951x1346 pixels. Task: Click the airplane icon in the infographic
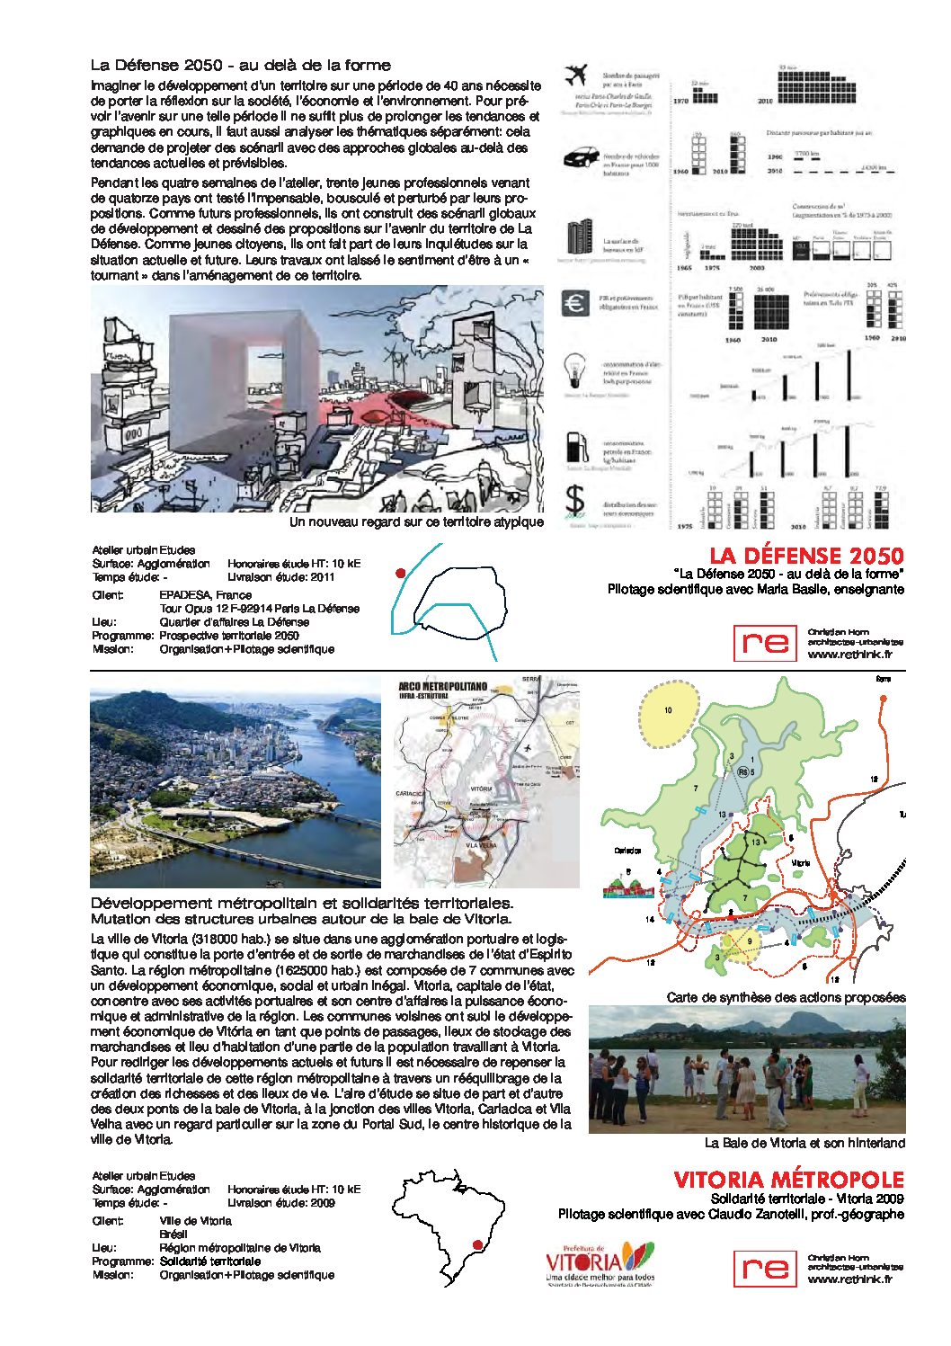coord(574,76)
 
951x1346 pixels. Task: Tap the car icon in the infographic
coord(581,158)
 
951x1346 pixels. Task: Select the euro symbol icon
coord(575,303)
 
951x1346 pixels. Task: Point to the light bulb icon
coord(573,370)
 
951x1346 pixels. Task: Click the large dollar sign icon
coord(574,503)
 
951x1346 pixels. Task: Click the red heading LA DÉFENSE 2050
coord(806,556)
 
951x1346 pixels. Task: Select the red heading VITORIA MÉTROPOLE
coord(788,1180)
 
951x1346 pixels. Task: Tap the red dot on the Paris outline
coord(400,573)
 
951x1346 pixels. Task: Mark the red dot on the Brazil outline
coord(478,1244)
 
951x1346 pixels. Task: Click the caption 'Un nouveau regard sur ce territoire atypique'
coord(416,521)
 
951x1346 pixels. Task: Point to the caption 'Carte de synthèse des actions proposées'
coord(786,997)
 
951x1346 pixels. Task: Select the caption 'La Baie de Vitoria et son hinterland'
coord(804,1143)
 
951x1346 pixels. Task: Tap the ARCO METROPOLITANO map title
coord(442,687)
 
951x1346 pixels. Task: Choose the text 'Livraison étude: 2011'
coord(281,577)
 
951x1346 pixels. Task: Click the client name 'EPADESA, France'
coord(206,595)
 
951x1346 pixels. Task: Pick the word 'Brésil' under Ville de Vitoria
coord(173,1235)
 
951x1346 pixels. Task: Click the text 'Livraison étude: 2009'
coord(281,1203)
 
